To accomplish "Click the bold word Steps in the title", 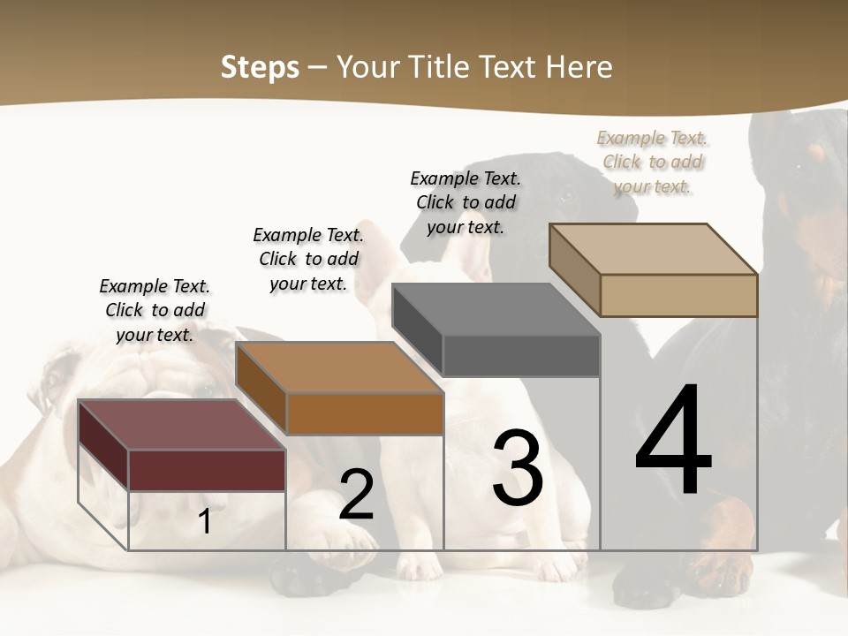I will click(x=260, y=68).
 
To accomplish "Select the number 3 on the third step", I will click(x=518, y=468).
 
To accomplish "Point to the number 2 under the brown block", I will click(x=357, y=496).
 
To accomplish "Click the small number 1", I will click(x=205, y=522).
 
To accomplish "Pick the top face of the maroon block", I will click(x=181, y=424).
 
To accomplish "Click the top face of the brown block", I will click(x=339, y=367).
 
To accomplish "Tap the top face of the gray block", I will click(x=496, y=309).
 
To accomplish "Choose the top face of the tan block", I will click(x=653, y=249).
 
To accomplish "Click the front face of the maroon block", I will click(x=207, y=470).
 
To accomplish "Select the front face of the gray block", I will click(x=521, y=356).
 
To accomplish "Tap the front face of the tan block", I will click(x=678, y=295).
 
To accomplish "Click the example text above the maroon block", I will click(x=155, y=310).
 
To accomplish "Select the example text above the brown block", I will click(x=308, y=259).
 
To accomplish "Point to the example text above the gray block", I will click(x=466, y=202).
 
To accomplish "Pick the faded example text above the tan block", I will click(x=653, y=162).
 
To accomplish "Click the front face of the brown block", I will click(x=365, y=413).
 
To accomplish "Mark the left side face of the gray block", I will click(x=417, y=329).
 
